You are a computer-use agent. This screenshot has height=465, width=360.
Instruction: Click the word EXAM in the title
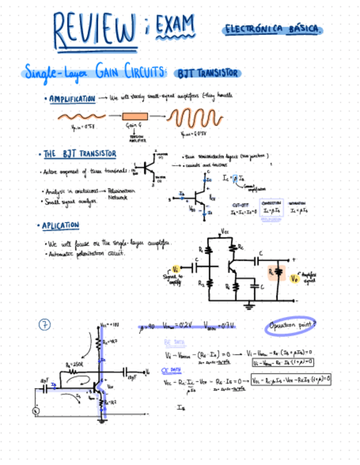pyautogui.click(x=175, y=25)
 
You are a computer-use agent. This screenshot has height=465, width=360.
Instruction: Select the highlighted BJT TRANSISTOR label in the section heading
pyautogui.click(x=207, y=73)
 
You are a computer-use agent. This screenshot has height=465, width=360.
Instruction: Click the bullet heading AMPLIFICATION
pyautogui.click(x=72, y=99)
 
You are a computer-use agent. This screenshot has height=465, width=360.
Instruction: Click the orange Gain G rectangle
pyautogui.click(x=135, y=116)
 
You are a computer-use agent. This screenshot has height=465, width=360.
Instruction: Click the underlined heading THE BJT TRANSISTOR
pyautogui.click(x=80, y=154)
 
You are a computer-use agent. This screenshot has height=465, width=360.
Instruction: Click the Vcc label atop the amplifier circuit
pyautogui.click(x=226, y=231)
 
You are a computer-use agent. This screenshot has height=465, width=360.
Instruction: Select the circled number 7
pyautogui.click(x=44, y=325)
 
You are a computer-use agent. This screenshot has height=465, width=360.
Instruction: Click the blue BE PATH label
pyautogui.click(x=171, y=343)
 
